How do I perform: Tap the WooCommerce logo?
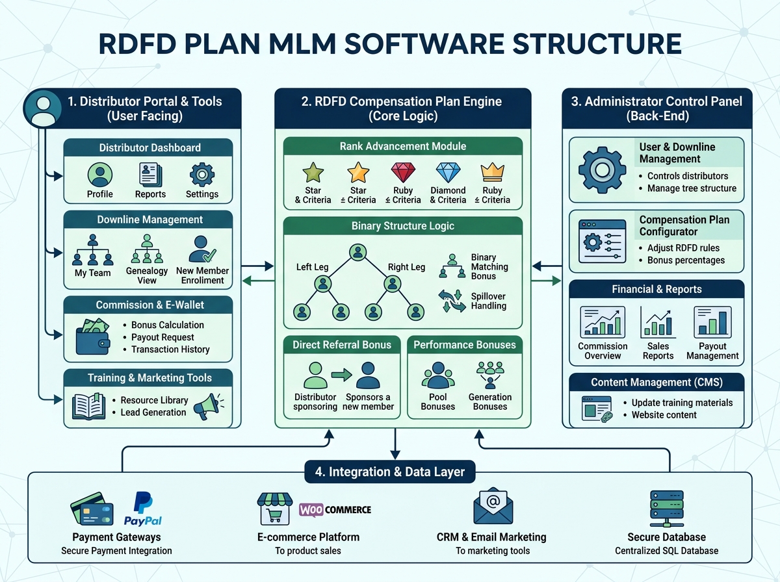pos(335,510)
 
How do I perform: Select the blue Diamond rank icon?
pos(448,173)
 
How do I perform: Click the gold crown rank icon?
pos(492,172)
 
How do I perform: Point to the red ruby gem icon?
pos(402,173)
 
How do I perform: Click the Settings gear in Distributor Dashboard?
pos(201,174)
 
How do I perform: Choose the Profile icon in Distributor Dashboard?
pos(99,174)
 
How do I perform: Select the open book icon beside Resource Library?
pos(88,406)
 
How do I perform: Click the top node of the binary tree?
pos(357,252)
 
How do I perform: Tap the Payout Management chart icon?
pos(712,322)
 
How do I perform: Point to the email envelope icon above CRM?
pos(492,505)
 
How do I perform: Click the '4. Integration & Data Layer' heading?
pos(390,472)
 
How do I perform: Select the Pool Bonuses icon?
pos(437,376)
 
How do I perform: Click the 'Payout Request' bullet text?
pos(162,337)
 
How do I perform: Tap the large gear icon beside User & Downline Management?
pos(602,169)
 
